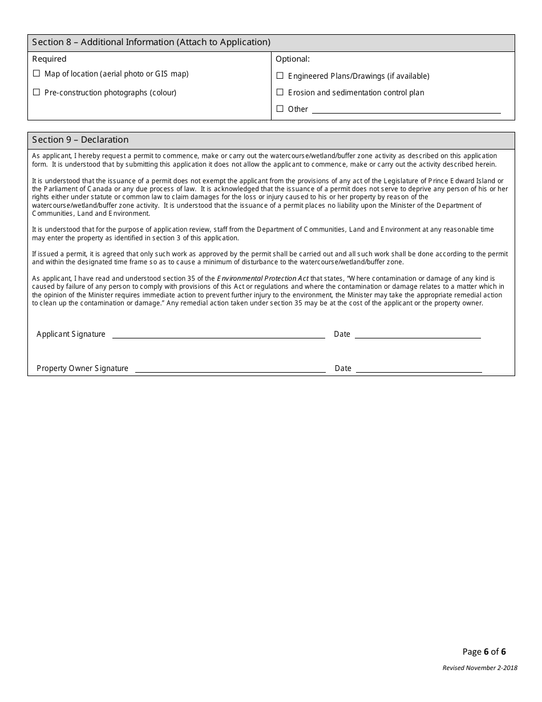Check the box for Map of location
37,74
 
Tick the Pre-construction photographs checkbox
37,92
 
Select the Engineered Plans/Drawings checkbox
280,76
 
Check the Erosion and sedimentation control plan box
280,92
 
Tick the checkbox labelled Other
280,109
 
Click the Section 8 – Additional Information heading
151,42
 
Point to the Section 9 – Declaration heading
80,140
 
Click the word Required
50,59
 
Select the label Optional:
293,59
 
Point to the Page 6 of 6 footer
484,652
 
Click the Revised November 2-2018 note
480,668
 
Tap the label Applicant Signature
71,334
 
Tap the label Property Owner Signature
83,369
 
